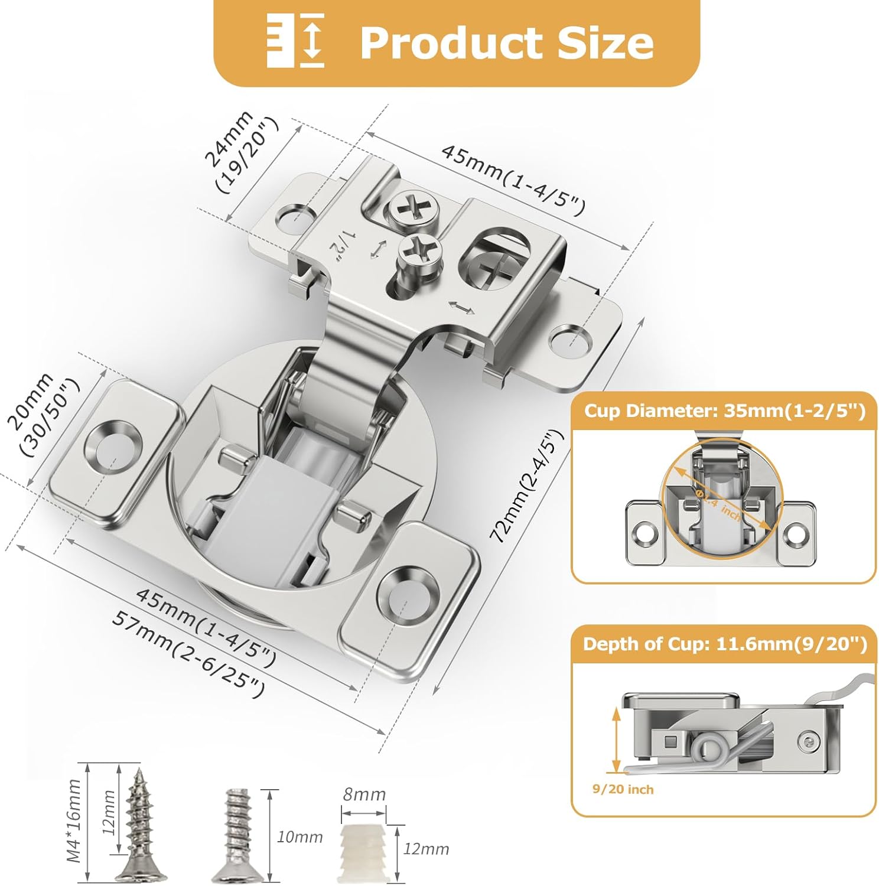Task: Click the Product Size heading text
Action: [x=506, y=43]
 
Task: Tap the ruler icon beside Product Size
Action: [x=295, y=40]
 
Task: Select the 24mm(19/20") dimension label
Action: [x=241, y=152]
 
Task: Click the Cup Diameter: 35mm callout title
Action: [x=724, y=411]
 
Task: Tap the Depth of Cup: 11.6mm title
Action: [x=724, y=644]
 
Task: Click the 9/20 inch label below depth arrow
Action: [x=623, y=789]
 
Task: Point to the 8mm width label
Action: [x=364, y=794]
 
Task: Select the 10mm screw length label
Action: [x=299, y=837]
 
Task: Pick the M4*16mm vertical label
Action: [x=74, y=821]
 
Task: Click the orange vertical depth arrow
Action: [x=616, y=739]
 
